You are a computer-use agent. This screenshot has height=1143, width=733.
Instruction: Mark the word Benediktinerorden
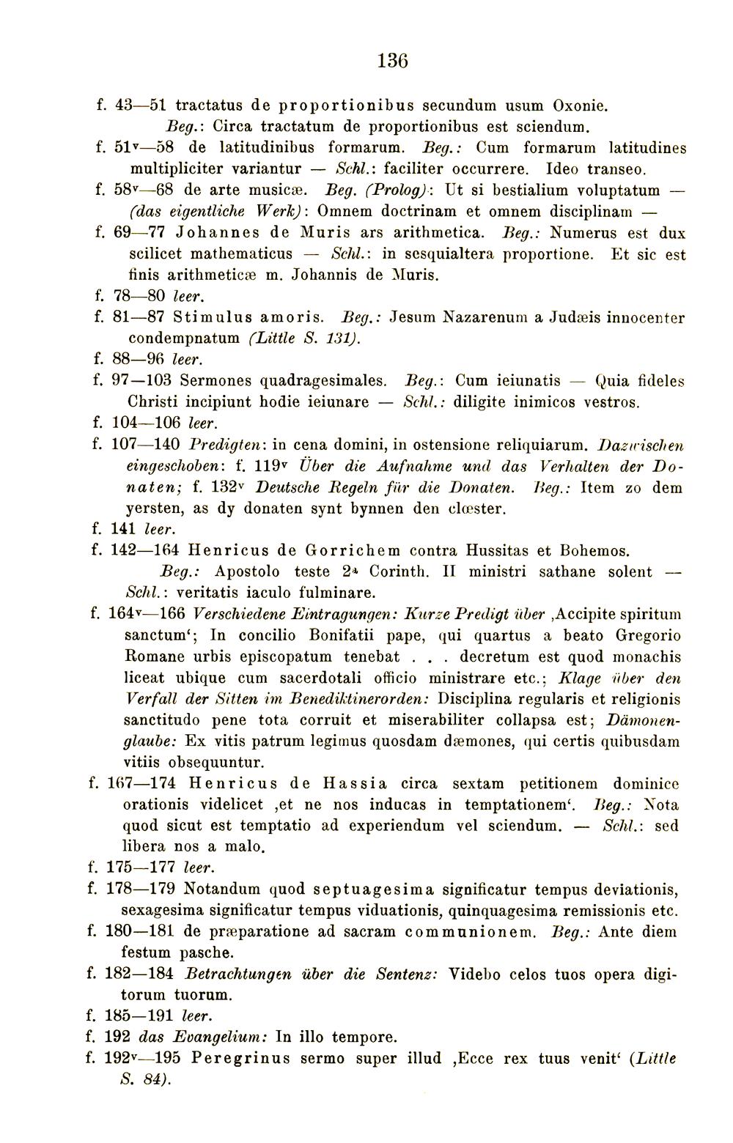point(358,699)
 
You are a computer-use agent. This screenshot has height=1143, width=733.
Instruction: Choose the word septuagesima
point(374,889)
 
